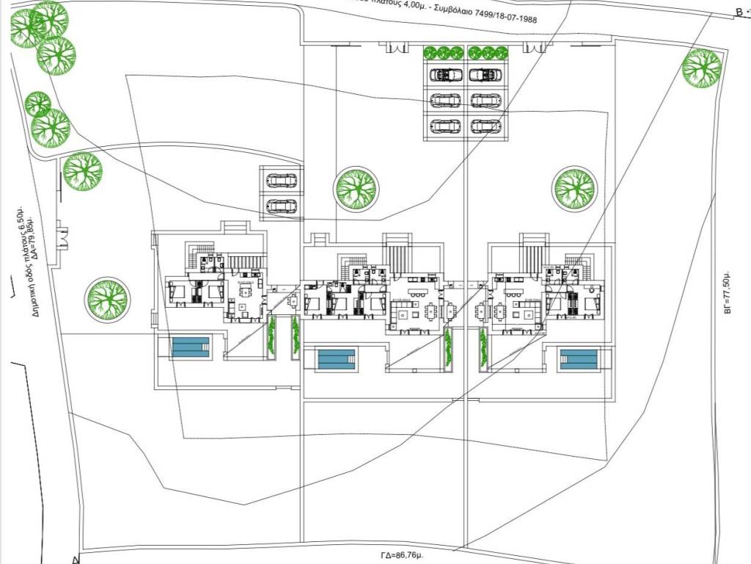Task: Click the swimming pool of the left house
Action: tap(191, 347)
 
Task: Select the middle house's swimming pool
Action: tap(336, 360)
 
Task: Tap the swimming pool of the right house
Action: tap(578, 360)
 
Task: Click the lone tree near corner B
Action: tap(701, 68)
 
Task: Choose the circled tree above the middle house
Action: tap(356, 188)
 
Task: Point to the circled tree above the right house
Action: tap(574, 188)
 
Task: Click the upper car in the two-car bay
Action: tap(282, 180)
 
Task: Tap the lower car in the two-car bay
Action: tap(282, 206)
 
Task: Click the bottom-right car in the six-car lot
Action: tap(486, 126)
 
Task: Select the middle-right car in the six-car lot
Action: tap(486, 101)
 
